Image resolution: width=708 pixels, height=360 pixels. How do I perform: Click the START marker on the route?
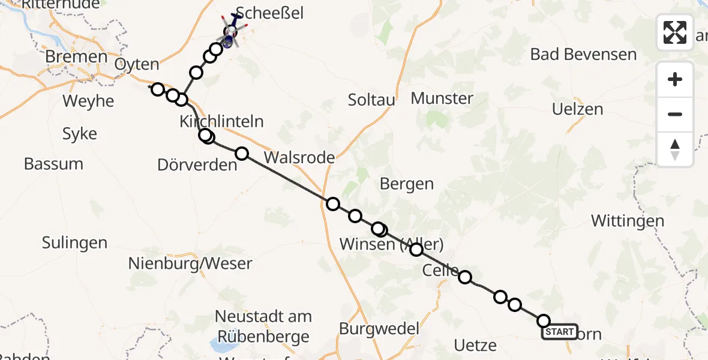coord(559,332)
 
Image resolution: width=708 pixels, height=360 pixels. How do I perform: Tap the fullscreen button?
coord(675,32)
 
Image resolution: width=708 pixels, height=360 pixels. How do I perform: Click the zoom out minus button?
coord(675,114)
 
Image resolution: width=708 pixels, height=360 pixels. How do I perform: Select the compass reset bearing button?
coord(675,149)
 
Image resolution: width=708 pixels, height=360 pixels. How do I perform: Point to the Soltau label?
coord(371,100)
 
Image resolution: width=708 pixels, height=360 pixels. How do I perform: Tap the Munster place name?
coord(442,98)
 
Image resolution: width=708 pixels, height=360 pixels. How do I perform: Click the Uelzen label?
coord(577,109)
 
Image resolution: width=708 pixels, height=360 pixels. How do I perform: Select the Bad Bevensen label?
coord(583,55)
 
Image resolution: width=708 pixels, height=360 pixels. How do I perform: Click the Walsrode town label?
coord(299,158)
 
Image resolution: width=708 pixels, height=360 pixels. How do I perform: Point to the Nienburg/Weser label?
coord(190,263)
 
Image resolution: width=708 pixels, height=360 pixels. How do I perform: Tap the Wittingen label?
coord(627,221)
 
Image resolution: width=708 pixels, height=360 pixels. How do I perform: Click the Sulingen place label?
coord(74,242)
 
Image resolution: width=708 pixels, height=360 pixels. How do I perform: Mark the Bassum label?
coord(53,163)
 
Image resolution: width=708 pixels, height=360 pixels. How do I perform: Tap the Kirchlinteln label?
coord(221,121)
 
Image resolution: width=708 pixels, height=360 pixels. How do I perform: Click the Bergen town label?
coord(406,184)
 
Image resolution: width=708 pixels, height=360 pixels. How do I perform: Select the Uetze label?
coord(475,345)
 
